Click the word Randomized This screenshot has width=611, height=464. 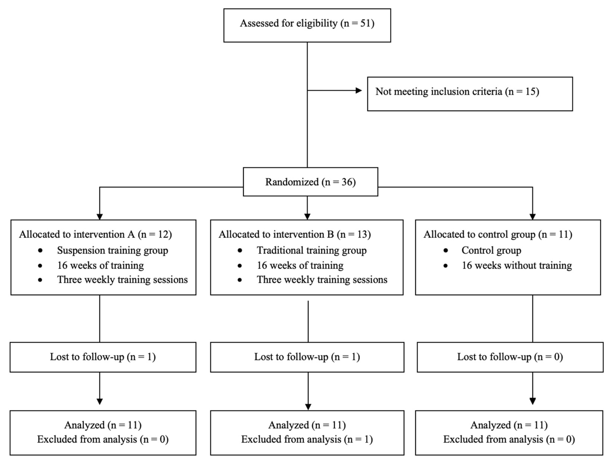(292, 182)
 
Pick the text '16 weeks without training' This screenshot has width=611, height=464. (517, 265)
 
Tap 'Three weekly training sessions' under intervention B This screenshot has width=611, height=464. (322, 280)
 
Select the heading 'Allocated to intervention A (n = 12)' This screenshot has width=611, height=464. (95, 234)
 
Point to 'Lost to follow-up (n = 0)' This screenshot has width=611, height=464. (510, 357)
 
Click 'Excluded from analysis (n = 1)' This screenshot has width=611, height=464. (307, 439)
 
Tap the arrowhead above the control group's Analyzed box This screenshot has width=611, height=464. (533, 401)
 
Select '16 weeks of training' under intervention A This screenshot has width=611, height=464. (100, 265)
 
